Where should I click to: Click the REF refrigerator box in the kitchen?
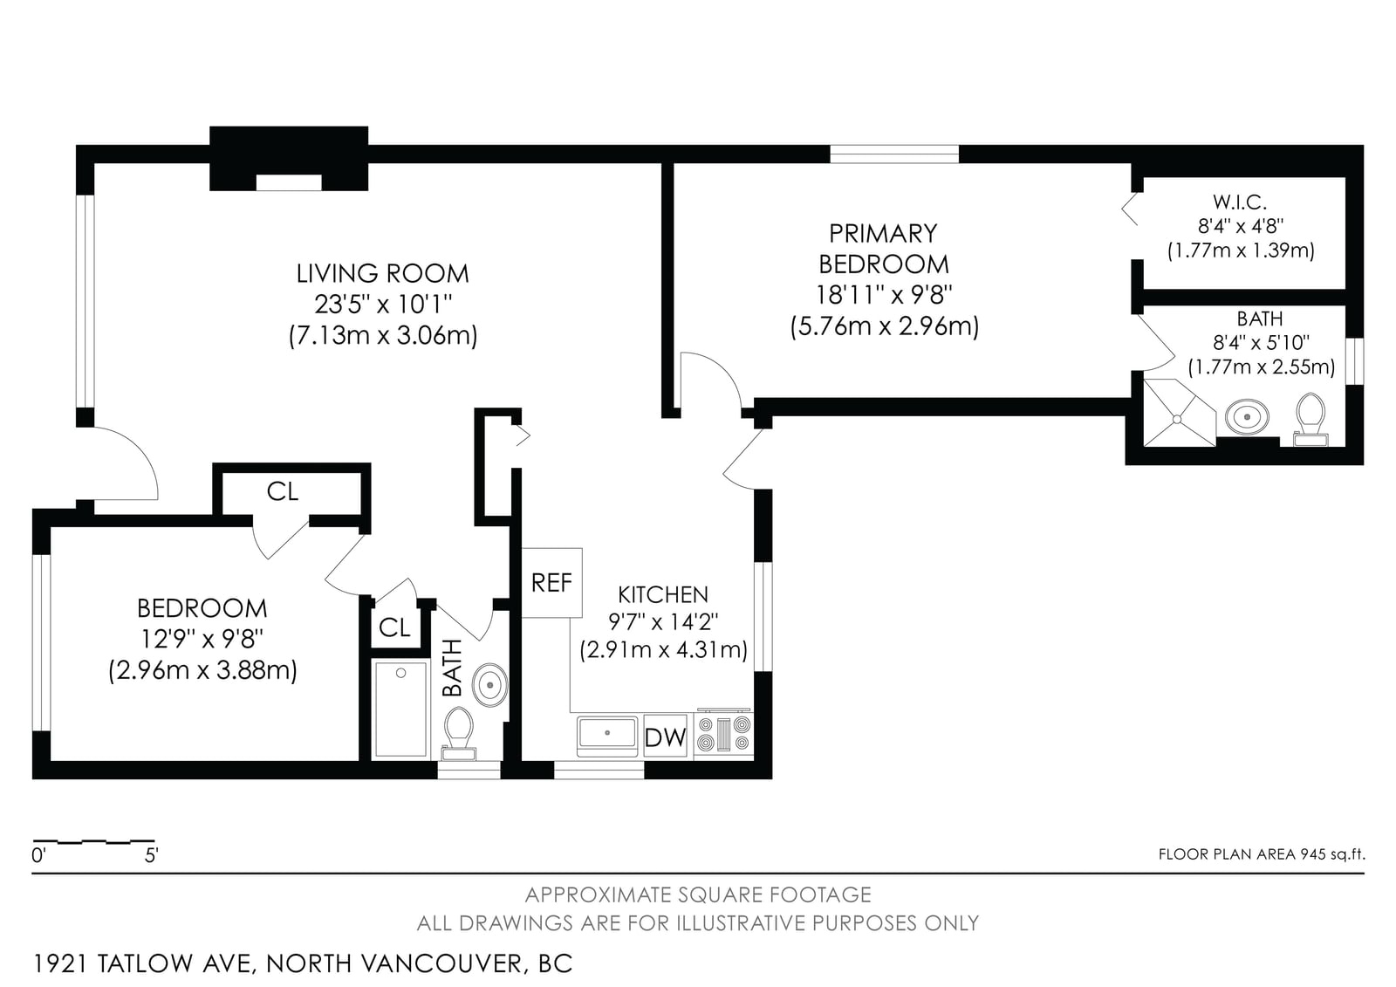pos(551,583)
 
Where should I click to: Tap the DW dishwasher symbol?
pos(665,736)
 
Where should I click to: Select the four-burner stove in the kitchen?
pos(723,735)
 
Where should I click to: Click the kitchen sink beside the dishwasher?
pos(607,737)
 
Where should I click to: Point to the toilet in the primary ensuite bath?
pos(1310,420)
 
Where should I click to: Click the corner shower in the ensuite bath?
pos(1179,413)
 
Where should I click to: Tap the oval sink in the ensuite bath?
pos(1247,416)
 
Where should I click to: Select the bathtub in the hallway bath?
pos(400,709)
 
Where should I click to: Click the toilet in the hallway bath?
pos(459,733)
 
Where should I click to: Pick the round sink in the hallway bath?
pos(489,685)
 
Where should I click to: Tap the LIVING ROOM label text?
pos(382,274)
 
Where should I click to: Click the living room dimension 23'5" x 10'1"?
pos(383,305)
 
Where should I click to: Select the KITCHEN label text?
pos(663,595)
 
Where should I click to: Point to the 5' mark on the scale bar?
pos(152,855)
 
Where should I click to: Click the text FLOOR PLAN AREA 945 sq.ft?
pos(1262,854)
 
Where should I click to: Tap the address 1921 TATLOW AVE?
pos(143,963)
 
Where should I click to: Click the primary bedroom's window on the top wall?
pos(894,154)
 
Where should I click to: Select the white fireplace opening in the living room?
pos(289,182)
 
